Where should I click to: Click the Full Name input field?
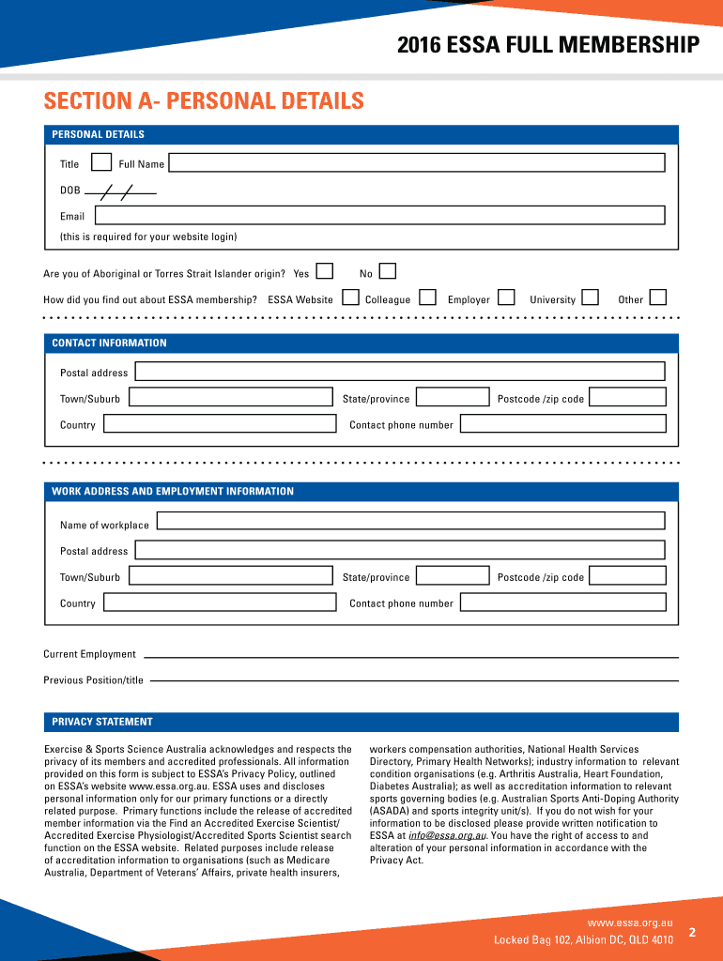pos(416,163)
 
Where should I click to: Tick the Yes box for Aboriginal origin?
pos(325,272)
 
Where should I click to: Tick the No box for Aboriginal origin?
pos(388,272)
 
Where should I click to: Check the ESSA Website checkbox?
pos(350,298)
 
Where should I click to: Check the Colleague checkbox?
pos(427,298)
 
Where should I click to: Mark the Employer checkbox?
pos(506,298)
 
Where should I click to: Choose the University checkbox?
pos(591,298)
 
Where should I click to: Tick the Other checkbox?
pos(658,298)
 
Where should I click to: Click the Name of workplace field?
pos(410,521)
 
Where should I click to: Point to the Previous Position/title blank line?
pos(414,680)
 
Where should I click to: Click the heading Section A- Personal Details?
pos(204,100)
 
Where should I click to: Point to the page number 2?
pos(692,932)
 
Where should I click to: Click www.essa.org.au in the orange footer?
pos(630,923)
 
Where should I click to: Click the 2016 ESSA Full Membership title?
pos(548,44)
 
